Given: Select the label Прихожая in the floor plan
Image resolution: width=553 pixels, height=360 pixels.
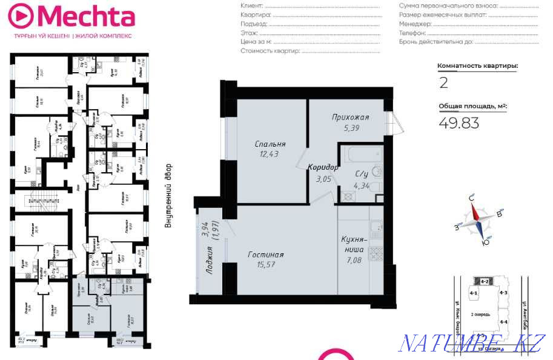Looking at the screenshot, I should pos(350,117).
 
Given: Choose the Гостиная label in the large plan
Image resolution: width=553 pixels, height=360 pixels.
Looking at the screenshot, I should pos(266,255).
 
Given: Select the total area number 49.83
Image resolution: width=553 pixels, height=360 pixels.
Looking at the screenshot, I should pos(459,123).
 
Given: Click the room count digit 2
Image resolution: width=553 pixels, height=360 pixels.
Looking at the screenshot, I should pos(443,82).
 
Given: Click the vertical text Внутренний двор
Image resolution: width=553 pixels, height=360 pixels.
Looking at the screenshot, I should pos(168,195).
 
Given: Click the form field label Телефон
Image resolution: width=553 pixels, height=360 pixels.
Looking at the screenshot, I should pos(412,33).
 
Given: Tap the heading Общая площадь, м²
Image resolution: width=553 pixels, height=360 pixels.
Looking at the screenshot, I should pos(472,105).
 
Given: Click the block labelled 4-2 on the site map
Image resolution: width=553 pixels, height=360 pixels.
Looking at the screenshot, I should pos(485,281).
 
